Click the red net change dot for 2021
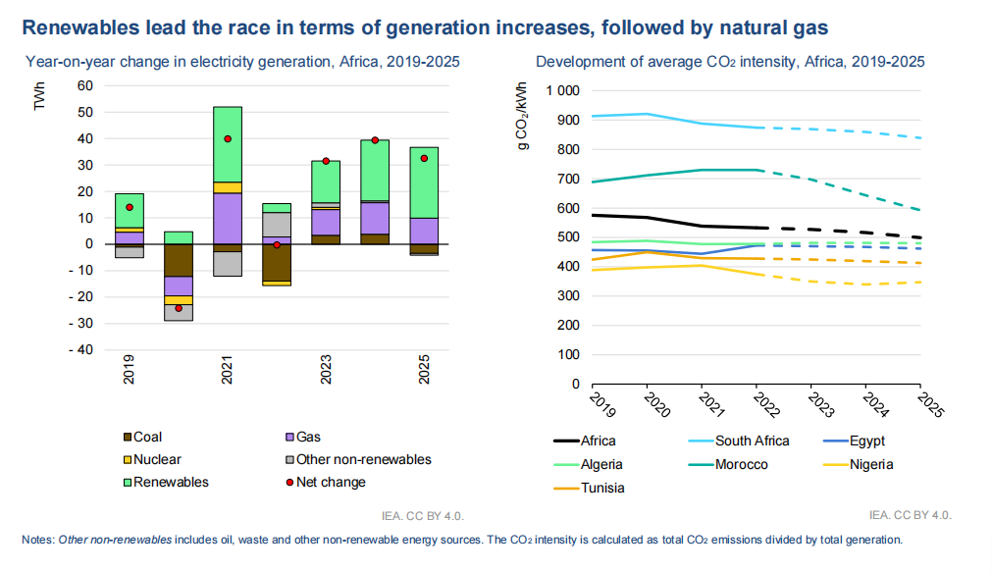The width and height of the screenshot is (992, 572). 228,139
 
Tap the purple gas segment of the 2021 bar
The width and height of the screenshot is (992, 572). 228,218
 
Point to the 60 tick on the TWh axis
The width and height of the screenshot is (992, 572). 84,86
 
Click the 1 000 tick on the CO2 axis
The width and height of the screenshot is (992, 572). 563,91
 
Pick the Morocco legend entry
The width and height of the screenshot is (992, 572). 741,465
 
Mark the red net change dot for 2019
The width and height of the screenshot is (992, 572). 130,207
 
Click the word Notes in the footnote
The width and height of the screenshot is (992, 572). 38,540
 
